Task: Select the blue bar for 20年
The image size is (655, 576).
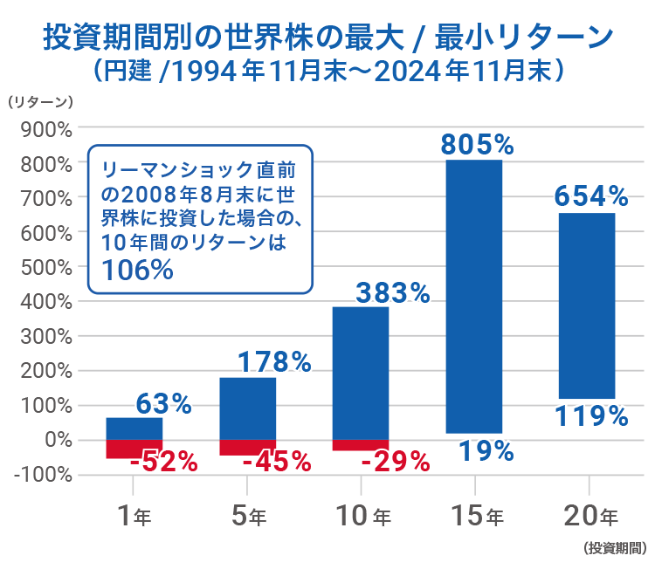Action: pyautogui.click(x=587, y=305)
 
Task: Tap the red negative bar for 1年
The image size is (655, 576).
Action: pyautogui.click(x=134, y=449)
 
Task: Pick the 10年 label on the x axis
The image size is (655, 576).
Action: pyautogui.click(x=362, y=517)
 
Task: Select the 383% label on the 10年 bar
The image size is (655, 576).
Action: pyautogui.click(x=392, y=294)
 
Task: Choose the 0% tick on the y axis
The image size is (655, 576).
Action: pyautogui.click(x=53, y=440)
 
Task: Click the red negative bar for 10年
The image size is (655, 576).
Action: pyautogui.click(x=361, y=445)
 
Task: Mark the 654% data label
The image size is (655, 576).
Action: pyautogui.click(x=592, y=196)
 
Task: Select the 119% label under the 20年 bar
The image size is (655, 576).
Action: pyautogui.click(x=592, y=416)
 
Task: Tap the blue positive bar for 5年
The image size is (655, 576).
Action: pyautogui.click(x=247, y=408)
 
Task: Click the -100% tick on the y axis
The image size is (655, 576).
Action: pyautogui.click(x=42, y=475)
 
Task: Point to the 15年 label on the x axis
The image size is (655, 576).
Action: pyautogui.click(x=475, y=517)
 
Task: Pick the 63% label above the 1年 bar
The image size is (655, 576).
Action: pyautogui.click(x=163, y=404)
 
